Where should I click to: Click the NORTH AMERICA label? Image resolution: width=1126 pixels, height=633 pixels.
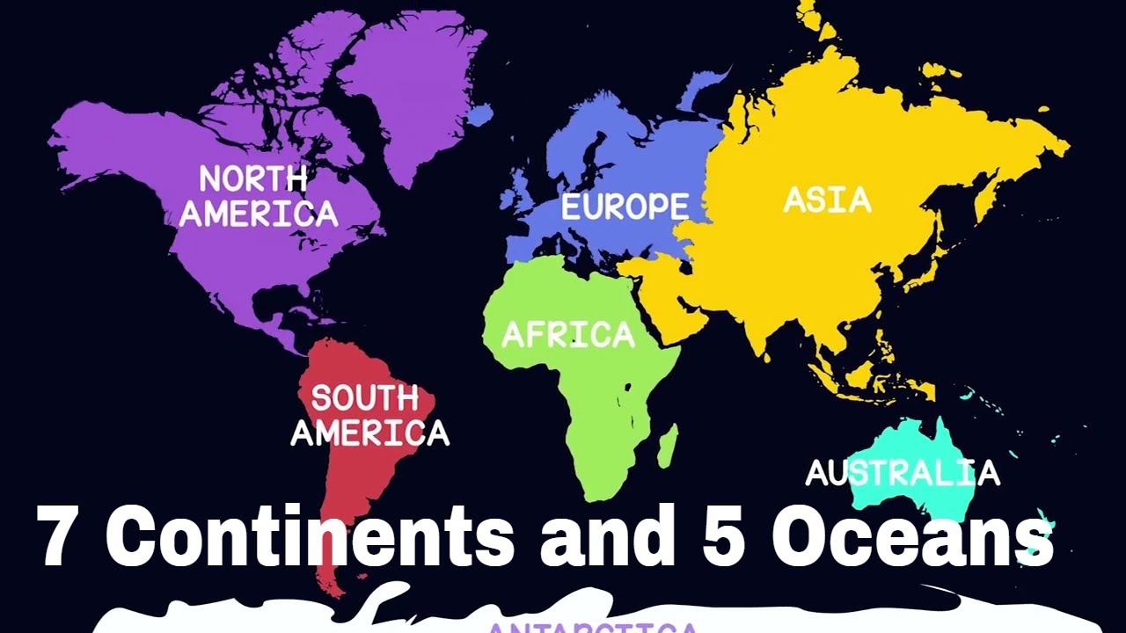(x=258, y=196)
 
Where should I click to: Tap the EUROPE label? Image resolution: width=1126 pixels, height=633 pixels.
(x=625, y=207)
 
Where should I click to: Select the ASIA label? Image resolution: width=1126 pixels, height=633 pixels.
(x=827, y=200)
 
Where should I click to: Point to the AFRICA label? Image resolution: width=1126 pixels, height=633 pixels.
(x=567, y=335)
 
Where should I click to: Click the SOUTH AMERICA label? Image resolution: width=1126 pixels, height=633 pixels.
(x=369, y=415)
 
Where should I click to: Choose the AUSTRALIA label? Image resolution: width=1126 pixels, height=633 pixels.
(x=903, y=473)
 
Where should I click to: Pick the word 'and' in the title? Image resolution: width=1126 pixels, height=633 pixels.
(x=612, y=538)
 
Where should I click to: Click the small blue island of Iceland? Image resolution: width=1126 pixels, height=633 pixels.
(x=479, y=115)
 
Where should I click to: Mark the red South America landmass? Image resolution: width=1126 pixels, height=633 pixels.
(x=352, y=369)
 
